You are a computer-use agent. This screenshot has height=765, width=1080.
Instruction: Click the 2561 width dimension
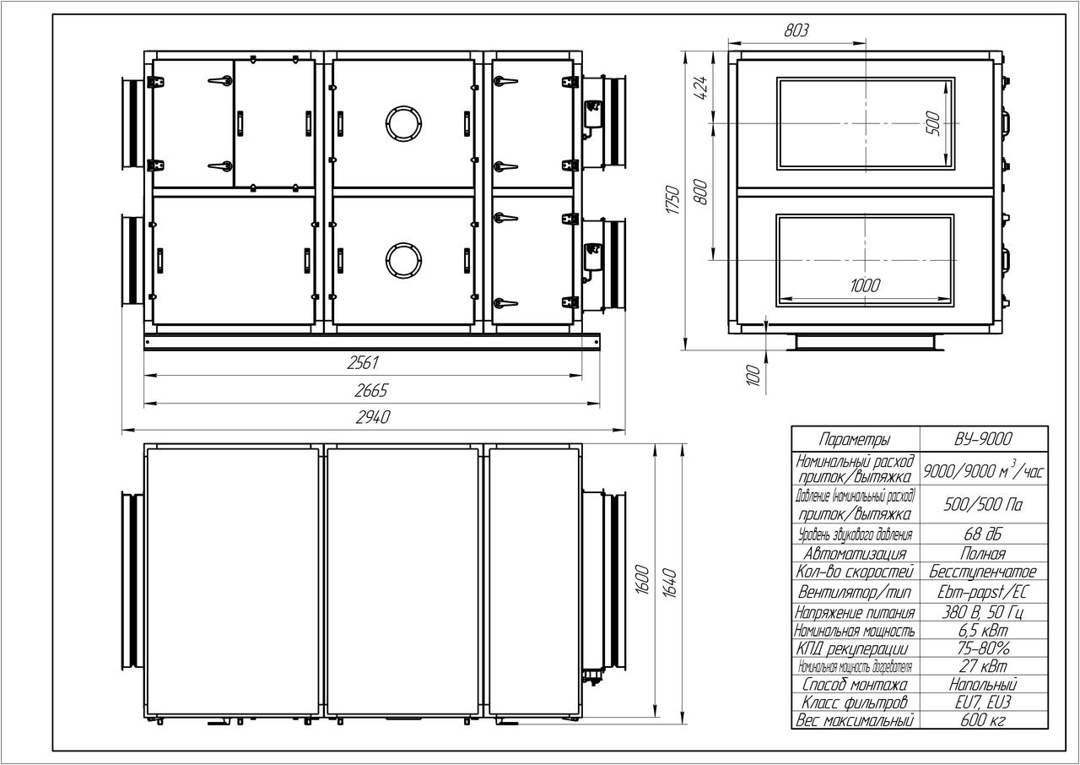pyautogui.click(x=363, y=363)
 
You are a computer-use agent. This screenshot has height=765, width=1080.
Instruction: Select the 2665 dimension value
pyautogui.click(x=370, y=391)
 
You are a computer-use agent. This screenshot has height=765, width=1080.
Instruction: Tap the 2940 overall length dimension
pyautogui.click(x=373, y=417)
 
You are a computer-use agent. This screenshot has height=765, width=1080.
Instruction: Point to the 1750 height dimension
pyautogui.click(x=672, y=199)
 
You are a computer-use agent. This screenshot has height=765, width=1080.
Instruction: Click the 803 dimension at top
pyautogui.click(x=796, y=30)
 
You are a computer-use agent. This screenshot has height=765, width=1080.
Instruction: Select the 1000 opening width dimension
pyautogui.click(x=865, y=285)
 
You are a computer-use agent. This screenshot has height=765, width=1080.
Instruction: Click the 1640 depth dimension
pyautogui.click(x=670, y=583)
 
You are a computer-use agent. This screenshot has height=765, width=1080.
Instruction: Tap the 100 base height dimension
pyautogui.click(x=753, y=375)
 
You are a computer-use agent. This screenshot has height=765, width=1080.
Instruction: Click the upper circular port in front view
pyautogui.click(x=404, y=123)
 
